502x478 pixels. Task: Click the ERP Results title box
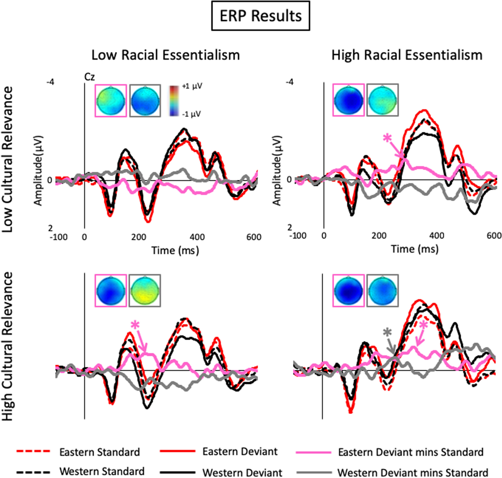click(260, 16)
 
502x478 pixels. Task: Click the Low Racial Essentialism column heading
click(165, 55)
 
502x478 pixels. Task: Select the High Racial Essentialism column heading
click(407, 55)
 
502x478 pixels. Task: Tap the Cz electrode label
click(90, 77)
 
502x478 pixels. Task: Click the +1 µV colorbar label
click(192, 86)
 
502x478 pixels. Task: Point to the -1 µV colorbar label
click(191, 114)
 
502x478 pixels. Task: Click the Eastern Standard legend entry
click(99, 452)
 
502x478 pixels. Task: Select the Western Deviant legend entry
click(242, 473)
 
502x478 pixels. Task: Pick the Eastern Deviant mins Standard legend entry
click(410, 452)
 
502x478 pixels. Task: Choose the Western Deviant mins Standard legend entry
click(412, 473)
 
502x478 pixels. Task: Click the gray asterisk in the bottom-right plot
click(387, 333)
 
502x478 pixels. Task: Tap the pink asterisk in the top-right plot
click(387, 138)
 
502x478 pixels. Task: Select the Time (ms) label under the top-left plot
click(175, 250)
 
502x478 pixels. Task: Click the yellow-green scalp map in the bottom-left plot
click(145, 290)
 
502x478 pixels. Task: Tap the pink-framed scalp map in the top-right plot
click(348, 100)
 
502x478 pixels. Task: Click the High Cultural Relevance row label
click(8, 346)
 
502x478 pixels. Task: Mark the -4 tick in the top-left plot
click(50, 82)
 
